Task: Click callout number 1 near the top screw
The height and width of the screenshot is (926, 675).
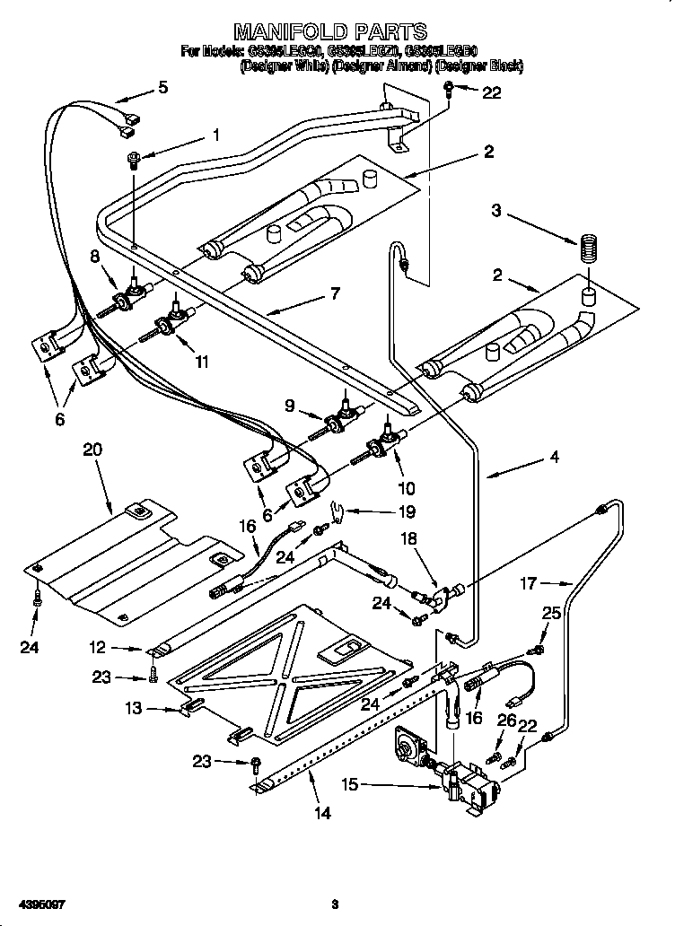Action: [215, 135]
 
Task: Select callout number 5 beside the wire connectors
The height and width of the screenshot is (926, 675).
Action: [162, 87]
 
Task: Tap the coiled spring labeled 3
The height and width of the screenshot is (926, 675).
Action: [590, 248]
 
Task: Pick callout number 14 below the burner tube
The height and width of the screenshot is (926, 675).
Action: [322, 814]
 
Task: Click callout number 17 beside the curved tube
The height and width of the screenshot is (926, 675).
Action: [529, 584]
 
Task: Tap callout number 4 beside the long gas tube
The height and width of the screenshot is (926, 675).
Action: [554, 457]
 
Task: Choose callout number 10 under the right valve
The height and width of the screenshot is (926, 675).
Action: [406, 489]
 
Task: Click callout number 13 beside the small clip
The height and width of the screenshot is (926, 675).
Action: [133, 708]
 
